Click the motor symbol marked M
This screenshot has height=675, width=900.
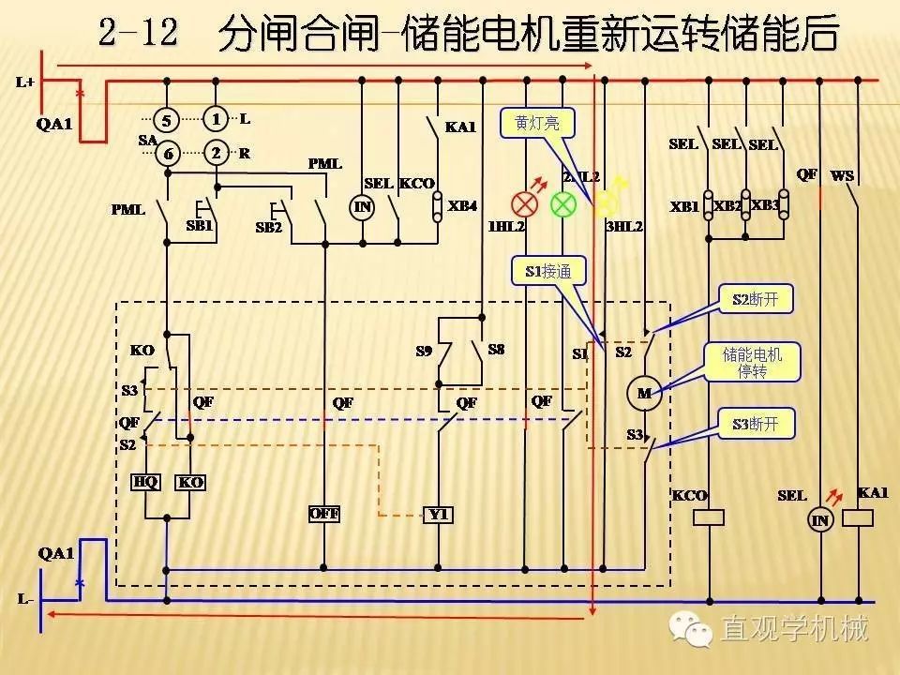644,393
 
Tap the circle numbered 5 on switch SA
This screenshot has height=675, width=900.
167,120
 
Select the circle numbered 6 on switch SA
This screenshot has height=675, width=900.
167,154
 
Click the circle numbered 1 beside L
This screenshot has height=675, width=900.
217,119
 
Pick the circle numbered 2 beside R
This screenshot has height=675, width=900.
217,153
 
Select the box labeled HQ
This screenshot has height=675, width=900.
145,482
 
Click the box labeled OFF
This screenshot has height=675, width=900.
323,514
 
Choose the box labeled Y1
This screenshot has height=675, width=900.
438,514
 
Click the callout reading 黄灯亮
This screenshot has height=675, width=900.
537,123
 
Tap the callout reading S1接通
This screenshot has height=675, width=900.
547,272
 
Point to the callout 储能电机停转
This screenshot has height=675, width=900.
752,362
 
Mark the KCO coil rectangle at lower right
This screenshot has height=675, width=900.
710,517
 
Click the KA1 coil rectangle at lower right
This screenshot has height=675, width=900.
858,517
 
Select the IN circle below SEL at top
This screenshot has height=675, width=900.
362,207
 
